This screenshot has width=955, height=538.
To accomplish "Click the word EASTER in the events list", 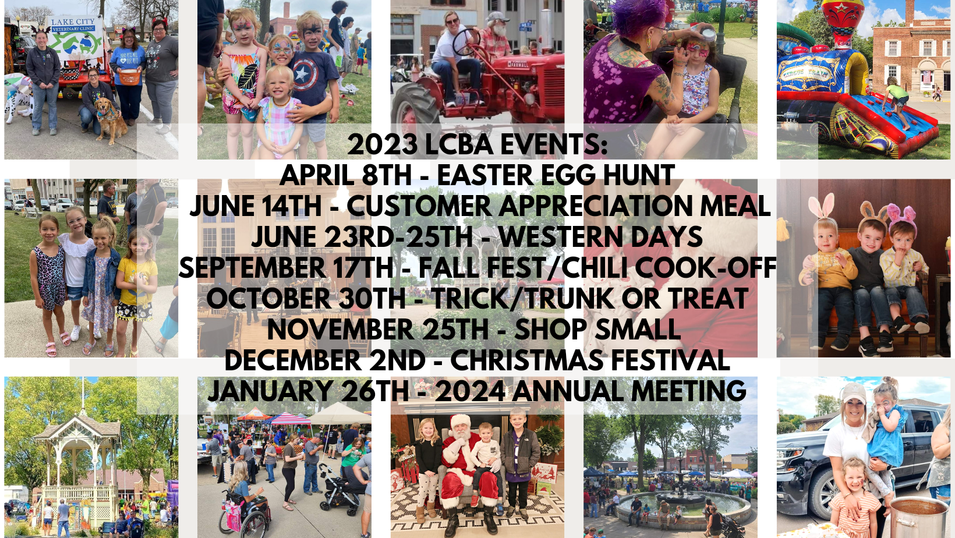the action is (x=486, y=175).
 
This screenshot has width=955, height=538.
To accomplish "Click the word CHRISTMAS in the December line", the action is (x=527, y=360).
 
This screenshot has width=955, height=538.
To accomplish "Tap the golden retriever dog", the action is (x=111, y=119).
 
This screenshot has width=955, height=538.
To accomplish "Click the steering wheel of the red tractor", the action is (x=466, y=42).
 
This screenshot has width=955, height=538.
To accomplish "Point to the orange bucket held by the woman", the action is (x=129, y=77).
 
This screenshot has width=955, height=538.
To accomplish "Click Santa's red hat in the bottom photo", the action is (x=461, y=421).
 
